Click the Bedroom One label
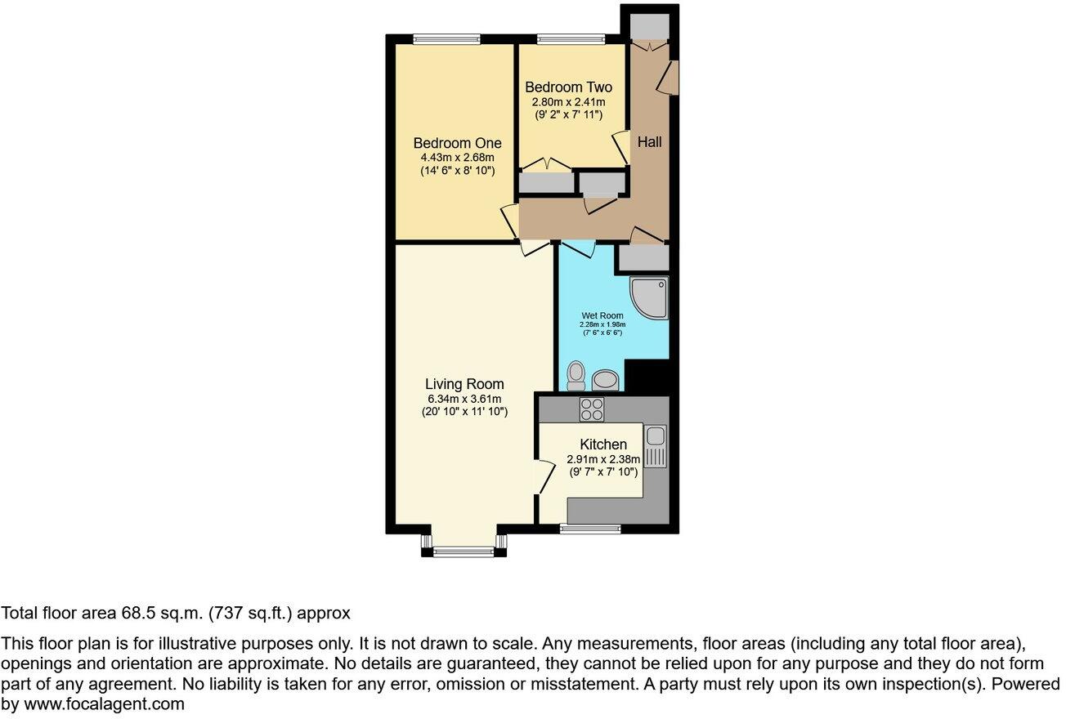pyautogui.click(x=457, y=143)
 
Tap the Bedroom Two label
pyautogui.click(x=568, y=87)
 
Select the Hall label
pyautogui.click(x=650, y=141)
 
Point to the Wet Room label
pyautogui.click(x=602, y=315)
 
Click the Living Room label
pyautogui.click(x=464, y=384)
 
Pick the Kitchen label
pyautogui.click(x=603, y=444)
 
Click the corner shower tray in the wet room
pyautogui.click(x=651, y=297)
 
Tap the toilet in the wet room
pyautogui.click(x=576, y=376)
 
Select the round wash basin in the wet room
pyautogui.click(x=606, y=379)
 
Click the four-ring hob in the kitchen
pyautogui.click(x=592, y=409)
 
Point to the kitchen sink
pyautogui.click(x=656, y=446)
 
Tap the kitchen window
pyautogui.click(x=590, y=529)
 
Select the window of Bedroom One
pyautogui.click(x=446, y=38)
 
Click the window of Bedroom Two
pyautogui.click(x=571, y=38)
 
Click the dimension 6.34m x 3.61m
pyautogui.click(x=464, y=399)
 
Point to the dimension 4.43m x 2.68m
pyautogui.click(x=457, y=158)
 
